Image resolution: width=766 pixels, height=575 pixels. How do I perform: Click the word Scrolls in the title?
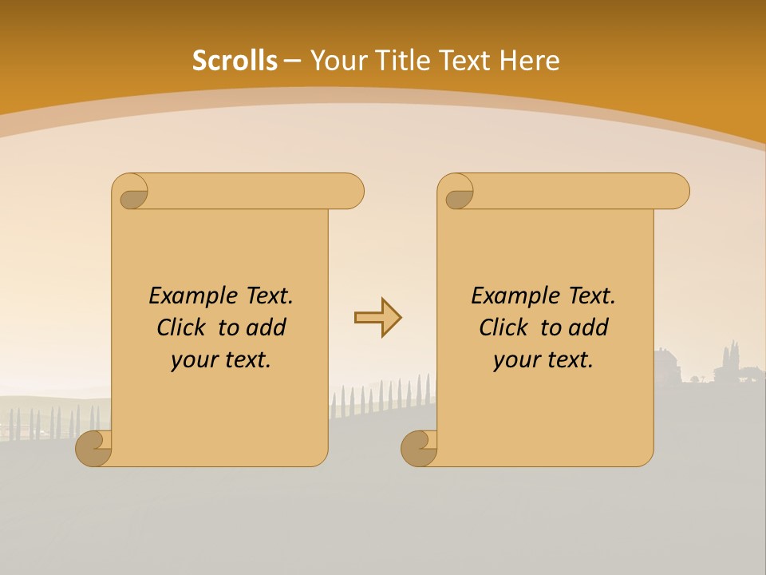click(x=235, y=61)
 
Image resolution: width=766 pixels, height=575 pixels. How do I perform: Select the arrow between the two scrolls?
click(x=377, y=318)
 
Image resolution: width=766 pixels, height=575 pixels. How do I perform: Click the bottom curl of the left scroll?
click(x=93, y=447)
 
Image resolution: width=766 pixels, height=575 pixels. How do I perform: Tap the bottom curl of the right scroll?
click(x=418, y=447)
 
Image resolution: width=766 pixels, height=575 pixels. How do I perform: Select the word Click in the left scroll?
click(x=175, y=327)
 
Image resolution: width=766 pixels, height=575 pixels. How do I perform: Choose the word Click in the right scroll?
click(x=497, y=327)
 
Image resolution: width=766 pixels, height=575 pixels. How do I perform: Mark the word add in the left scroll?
click(x=267, y=327)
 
